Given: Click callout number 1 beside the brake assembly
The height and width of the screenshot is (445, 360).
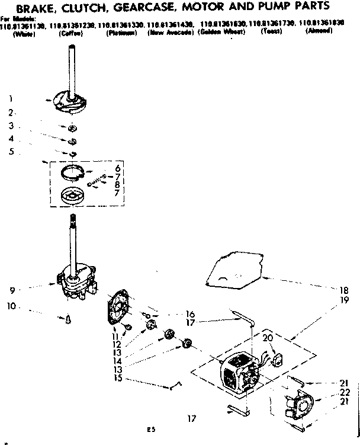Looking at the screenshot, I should (x=11, y=98).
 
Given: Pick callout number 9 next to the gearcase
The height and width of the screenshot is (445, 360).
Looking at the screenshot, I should (x=11, y=290).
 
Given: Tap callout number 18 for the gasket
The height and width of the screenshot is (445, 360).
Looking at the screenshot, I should (x=344, y=290).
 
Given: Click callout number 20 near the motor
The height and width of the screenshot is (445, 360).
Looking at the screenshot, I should (x=267, y=337).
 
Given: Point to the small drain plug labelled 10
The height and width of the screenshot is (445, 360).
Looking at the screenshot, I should (x=69, y=319).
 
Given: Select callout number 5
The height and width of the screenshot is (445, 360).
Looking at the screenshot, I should (x=11, y=151).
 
